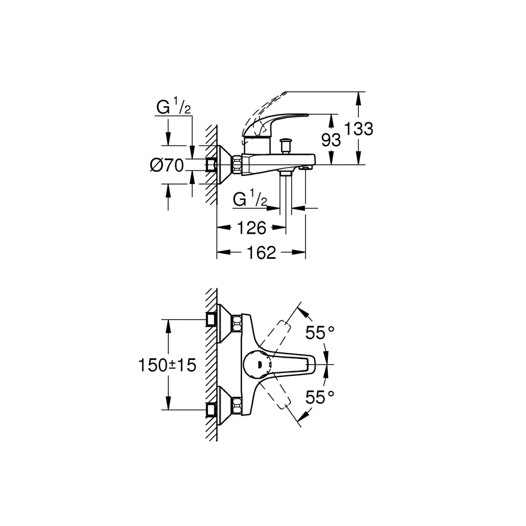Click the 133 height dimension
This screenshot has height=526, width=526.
click(x=359, y=129)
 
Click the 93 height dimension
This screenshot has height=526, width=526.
click(x=331, y=140)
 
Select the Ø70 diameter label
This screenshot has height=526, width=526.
click(x=167, y=166)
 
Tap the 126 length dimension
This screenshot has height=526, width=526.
click(x=252, y=227)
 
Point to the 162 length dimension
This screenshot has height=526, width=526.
click(x=261, y=252)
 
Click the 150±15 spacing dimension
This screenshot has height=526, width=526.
click(x=167, y=365)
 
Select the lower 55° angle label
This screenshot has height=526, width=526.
click(x=320, y=397)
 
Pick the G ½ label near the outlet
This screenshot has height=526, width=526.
click(x=250, y=199)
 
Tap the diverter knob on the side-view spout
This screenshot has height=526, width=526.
click(x=286, y=144)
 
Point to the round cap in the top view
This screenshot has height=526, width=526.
click(x=256, y=365)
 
